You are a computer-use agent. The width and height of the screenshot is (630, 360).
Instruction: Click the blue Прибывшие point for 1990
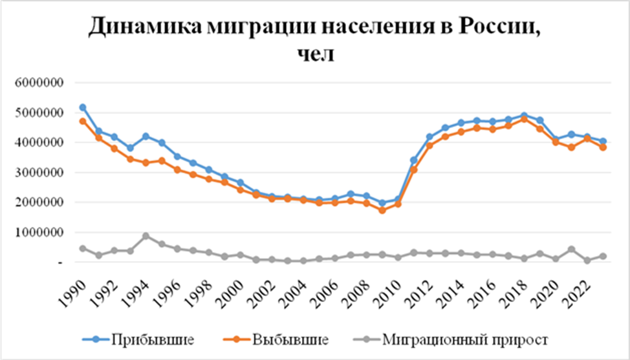(83, 107)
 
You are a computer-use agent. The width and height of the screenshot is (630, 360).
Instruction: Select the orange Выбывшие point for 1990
(83, 121)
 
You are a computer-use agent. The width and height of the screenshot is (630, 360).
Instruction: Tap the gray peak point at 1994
(146, 236)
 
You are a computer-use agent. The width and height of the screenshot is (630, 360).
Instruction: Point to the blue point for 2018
(524, 116)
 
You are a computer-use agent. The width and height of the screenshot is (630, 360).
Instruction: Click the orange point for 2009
(382, 210)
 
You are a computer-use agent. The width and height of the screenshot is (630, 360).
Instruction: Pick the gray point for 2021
(571, 249)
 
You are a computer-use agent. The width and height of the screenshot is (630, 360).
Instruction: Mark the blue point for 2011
(414, 160)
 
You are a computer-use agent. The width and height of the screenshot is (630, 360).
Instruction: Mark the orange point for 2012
(429, 145)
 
